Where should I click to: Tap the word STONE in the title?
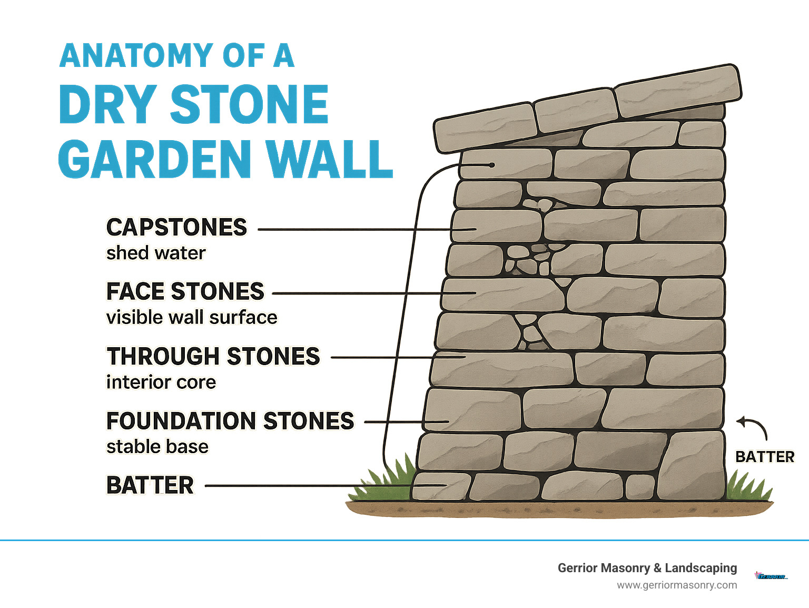coord(250,104)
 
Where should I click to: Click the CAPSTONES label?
coord(176,228)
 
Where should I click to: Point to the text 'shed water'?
coord(155,253)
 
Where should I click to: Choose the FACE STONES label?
coord(185,292)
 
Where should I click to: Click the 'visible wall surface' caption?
coord(191,318)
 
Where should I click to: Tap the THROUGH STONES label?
coord(213,357)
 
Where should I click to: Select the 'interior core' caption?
coord(161,382)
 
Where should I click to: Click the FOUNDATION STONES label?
coord(230,421)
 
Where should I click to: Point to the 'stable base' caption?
coord(157,447)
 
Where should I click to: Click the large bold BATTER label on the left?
coord(150,485)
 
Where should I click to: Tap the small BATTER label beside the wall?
coord(764,457)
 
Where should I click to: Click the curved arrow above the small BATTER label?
coord(754,426)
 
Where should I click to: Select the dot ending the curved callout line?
coord(491,165)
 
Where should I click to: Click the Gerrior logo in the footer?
coord(771,576)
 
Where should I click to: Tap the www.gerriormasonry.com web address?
coord(677,585)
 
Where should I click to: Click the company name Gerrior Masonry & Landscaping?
coord(647,568)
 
